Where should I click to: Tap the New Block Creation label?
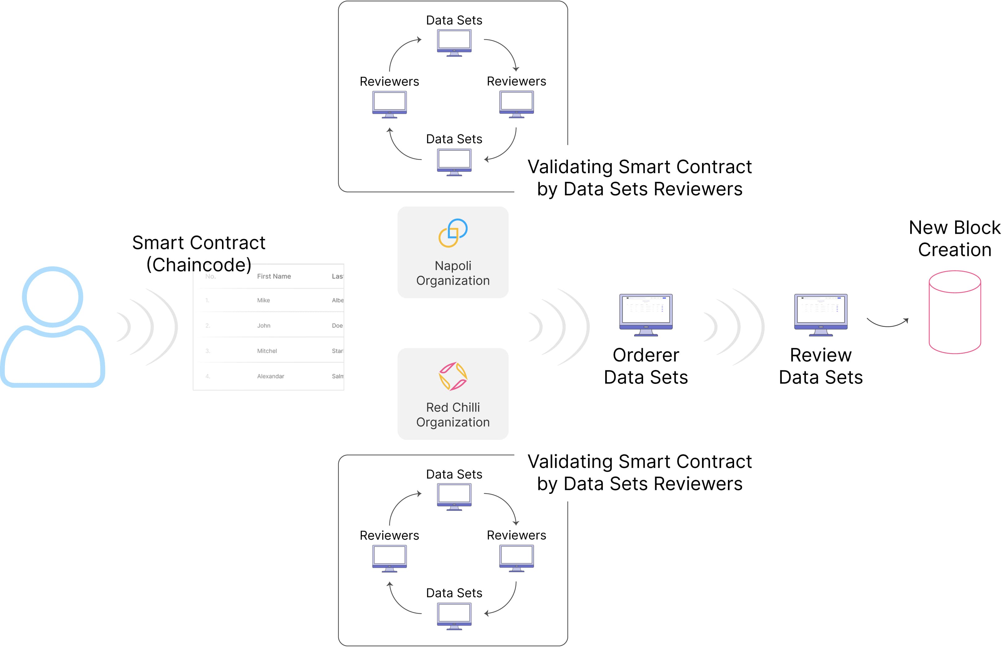point(955,239)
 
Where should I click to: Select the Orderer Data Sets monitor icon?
point(646,314)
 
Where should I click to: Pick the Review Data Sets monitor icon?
point(820,314)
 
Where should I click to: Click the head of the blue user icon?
point(52,297)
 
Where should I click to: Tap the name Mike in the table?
point(264,300)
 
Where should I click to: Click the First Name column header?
point(274,276)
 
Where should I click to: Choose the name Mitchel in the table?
point(267,351)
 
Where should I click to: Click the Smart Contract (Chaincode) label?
point(199,254)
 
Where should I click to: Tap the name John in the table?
point(264,326)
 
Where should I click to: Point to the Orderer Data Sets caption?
point(646,366)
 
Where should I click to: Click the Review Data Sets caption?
point(820,366)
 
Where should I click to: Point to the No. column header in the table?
point(211,276)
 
